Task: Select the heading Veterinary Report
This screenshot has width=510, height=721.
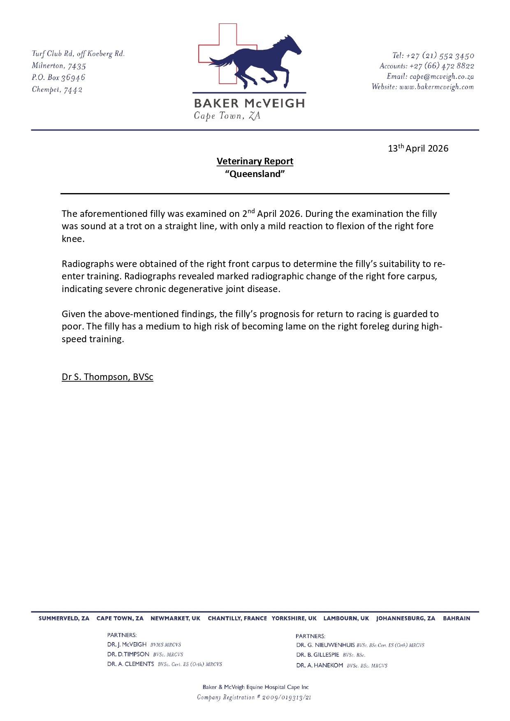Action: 255,161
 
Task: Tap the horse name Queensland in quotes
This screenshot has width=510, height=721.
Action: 255,174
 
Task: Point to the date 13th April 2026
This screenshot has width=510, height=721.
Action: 418,148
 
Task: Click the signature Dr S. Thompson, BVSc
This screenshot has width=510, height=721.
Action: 107,377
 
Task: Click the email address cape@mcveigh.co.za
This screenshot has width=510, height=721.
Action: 442,76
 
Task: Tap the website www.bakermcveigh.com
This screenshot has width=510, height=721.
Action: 436,87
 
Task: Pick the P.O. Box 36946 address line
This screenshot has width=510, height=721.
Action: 58,77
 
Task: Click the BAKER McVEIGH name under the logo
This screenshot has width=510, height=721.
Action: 249,103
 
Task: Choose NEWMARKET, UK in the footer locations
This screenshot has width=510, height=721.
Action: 175,618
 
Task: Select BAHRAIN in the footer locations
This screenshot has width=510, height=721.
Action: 457,618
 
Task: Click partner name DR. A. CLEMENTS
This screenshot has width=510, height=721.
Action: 130,664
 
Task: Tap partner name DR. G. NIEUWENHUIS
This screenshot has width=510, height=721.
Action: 325,645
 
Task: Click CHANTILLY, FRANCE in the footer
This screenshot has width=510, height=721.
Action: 237,618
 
